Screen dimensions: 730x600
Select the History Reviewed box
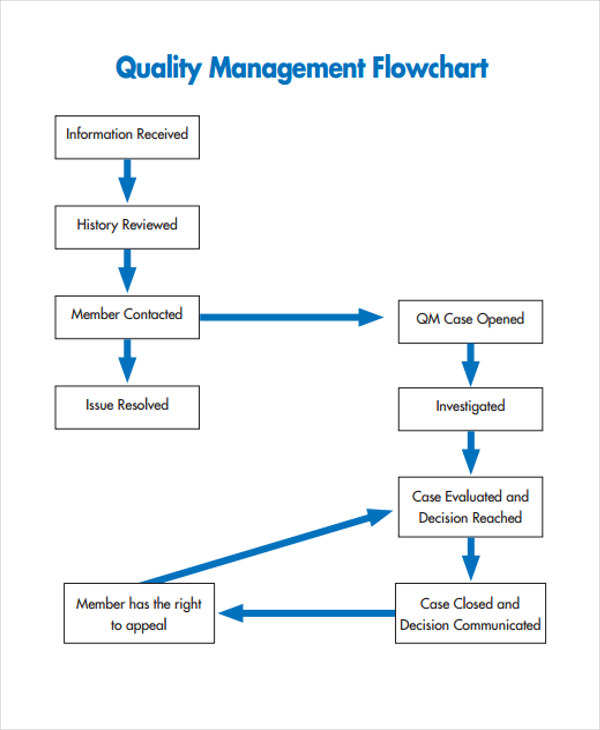[x=127, y=226]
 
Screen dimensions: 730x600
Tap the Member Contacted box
[x=127, y=316]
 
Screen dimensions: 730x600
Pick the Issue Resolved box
[x=127, y=406]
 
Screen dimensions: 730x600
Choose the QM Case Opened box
[x=470, y=320]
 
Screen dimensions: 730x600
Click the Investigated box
[x=470, y=408]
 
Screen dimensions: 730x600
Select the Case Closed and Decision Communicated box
[x=470, y=614]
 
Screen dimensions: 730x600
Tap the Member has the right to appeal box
[x=139, y=614]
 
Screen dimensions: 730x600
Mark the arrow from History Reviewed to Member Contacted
[x=127, y=271]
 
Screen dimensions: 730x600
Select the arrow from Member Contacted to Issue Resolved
[x=127, y=361]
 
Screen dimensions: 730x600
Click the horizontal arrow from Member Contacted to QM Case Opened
[x=290, y=317]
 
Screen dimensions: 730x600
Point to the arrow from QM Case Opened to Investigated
[x=469, y=364]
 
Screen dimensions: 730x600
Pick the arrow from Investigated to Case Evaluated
[x=469, y=453]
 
